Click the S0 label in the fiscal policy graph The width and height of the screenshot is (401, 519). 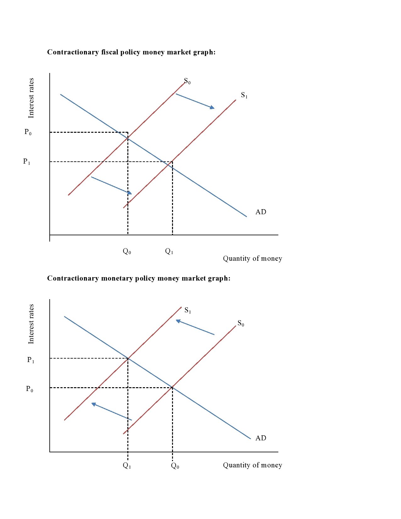187,81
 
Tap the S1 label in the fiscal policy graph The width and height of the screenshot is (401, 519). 244,95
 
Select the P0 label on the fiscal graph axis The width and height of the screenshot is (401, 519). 28,132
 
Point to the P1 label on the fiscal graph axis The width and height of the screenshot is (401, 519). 27,162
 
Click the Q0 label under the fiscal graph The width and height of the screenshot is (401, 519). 127,251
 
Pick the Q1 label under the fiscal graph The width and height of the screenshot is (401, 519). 169,251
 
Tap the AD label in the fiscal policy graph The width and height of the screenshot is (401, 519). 261,212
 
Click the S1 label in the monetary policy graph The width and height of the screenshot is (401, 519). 188,310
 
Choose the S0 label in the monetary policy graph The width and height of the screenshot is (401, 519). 241,323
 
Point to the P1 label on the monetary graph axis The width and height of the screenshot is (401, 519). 31,360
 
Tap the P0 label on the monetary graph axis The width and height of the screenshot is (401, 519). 30,389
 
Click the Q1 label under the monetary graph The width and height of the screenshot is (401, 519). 127,466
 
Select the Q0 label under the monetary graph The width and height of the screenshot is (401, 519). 175,466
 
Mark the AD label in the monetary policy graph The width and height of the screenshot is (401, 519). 261,438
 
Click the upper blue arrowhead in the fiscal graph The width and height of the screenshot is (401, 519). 212,107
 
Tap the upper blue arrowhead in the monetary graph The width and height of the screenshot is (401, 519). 178,321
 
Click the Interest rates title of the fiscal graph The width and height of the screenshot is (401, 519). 31,98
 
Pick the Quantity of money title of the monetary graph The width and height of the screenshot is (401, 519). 253,465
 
